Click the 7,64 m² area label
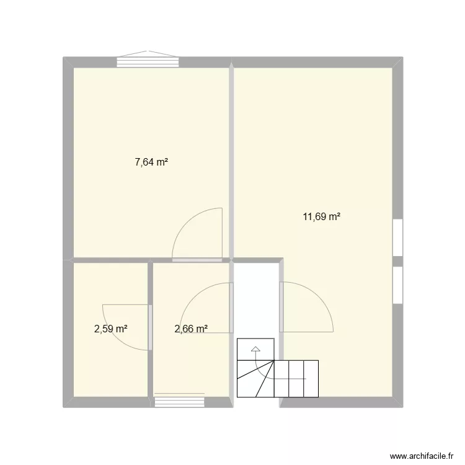pyautogui.click(x=151, y=162)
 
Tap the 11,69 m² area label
pyautogui.click(x=321, y=217)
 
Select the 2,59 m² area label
pyautogui.click(x=111, y=329)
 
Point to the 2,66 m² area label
pyautogui.click(x=191, y=329)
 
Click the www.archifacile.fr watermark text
pyautogui.click(x=422, y=456)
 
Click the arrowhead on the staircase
pyautogui.click(x=255, y=348)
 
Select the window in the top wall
pyautogui.click(x=148, y=61)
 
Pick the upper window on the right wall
pyautogui.click(x=397, y=237)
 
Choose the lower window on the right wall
pyautogui.click(x=397, y=285)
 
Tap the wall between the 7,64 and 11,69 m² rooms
pyautogui.click(x=231, y=160)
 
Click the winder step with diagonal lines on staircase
pyautogui.click(x=255, y=379)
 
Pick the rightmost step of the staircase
pyautogui.click(x=311, y=379)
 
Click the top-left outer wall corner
pyautogui.click(x=63, y=57)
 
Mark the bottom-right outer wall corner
pyautogui.click(x=403, y=407)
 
